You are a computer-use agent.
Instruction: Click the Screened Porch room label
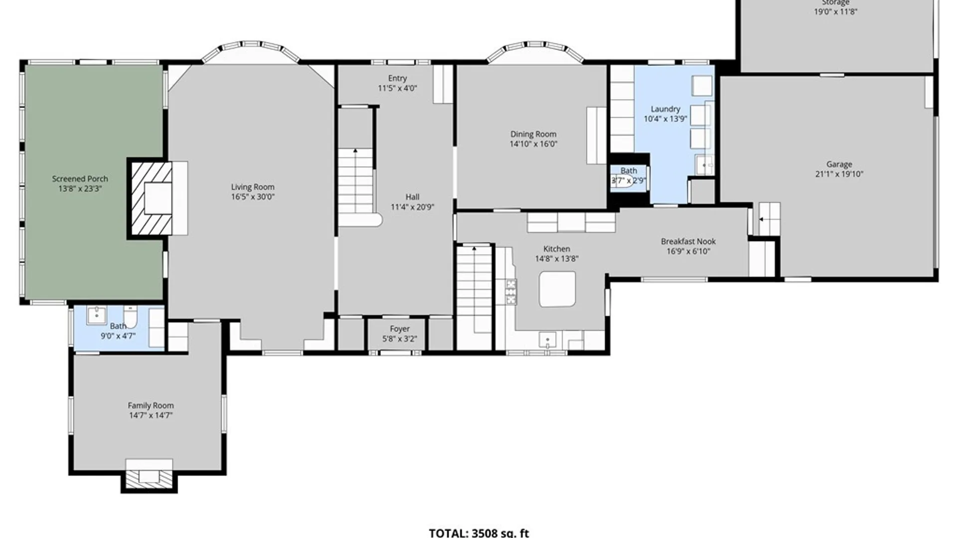[80, 178]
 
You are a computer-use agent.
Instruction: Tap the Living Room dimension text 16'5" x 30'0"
[253, 197]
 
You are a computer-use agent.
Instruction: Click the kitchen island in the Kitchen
[557, 289]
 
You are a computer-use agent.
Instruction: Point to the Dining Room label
[533, 134]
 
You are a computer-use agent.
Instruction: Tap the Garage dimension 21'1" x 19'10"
[839, 174]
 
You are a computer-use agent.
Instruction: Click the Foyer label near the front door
[399, 329]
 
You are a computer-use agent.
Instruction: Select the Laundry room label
[665, 109]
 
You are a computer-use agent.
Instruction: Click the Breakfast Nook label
[688, 241]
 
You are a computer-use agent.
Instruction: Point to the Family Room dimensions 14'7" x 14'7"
[151, 415]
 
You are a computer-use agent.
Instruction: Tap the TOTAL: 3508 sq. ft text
[478, 533]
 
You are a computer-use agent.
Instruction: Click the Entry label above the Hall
[397, 78]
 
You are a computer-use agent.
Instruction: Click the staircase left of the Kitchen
[474, 289]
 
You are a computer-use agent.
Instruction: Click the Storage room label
[835, 3]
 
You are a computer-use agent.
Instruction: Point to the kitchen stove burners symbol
[511, 292]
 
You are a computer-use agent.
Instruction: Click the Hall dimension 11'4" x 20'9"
[412, 207]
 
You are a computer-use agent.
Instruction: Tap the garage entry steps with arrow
[769, 219]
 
